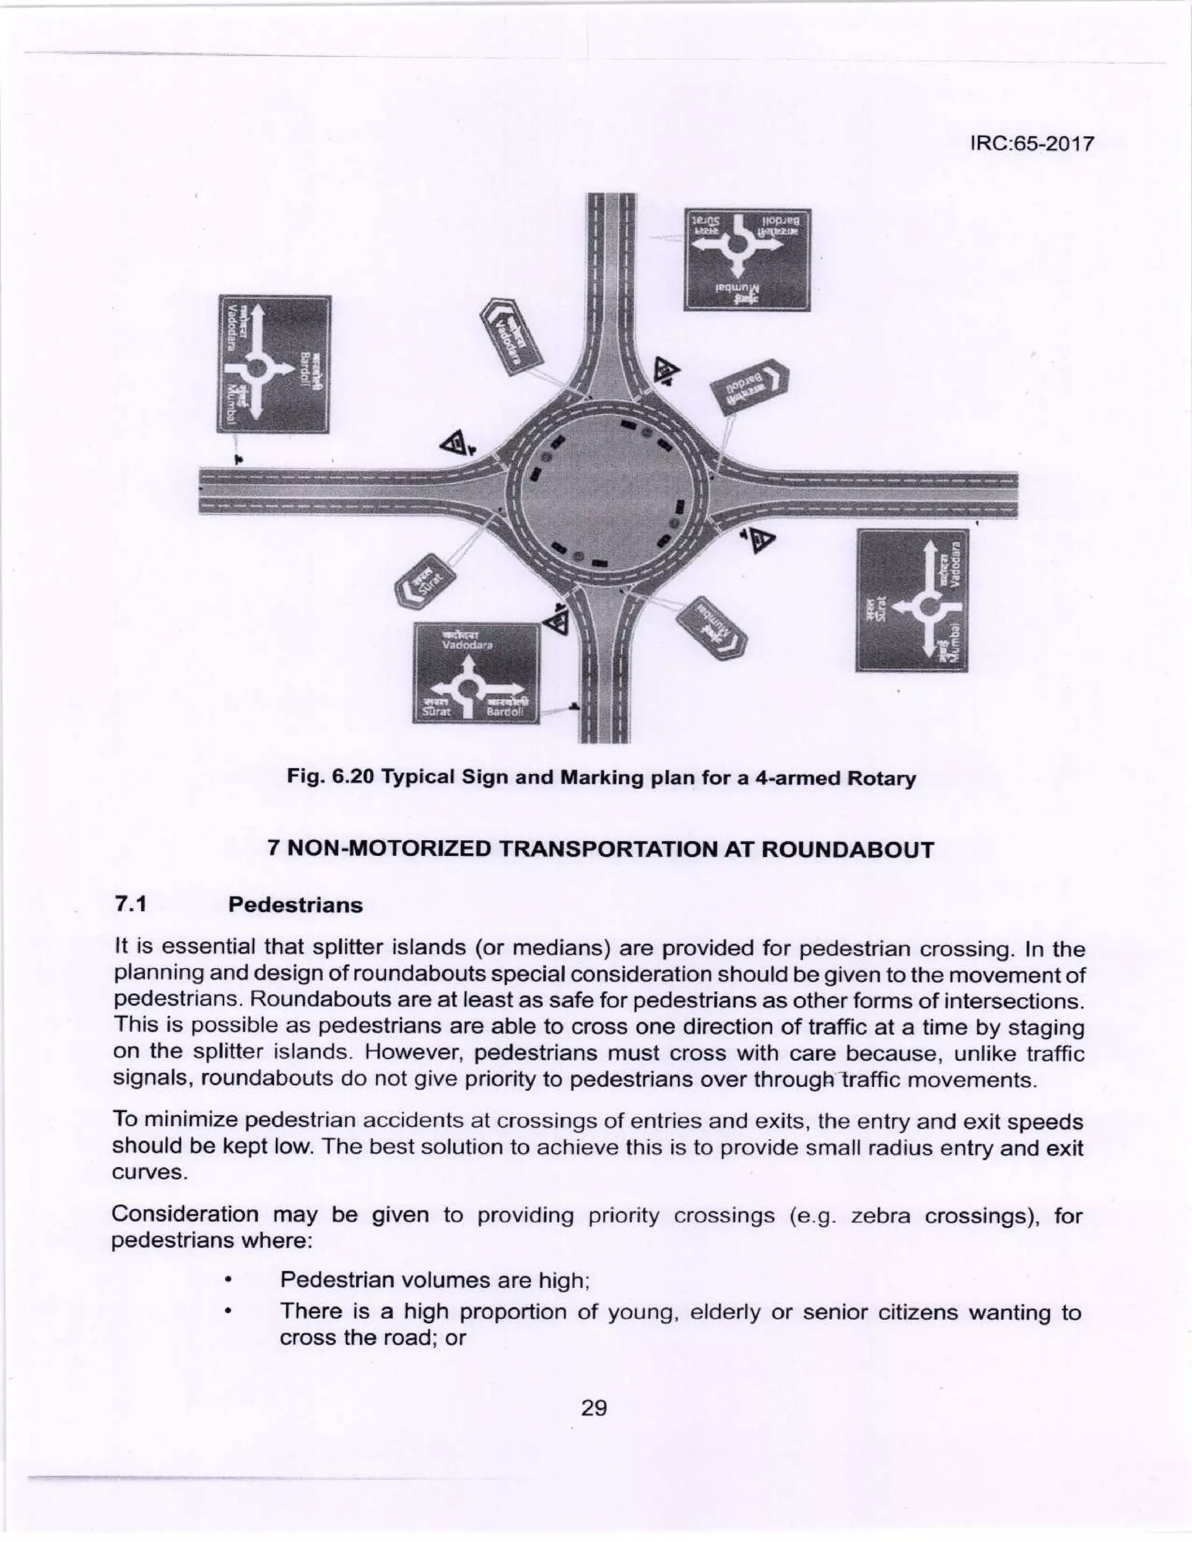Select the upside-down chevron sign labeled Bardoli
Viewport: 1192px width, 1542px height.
point(748,390)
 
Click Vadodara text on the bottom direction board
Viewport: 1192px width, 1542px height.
point(467,645)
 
